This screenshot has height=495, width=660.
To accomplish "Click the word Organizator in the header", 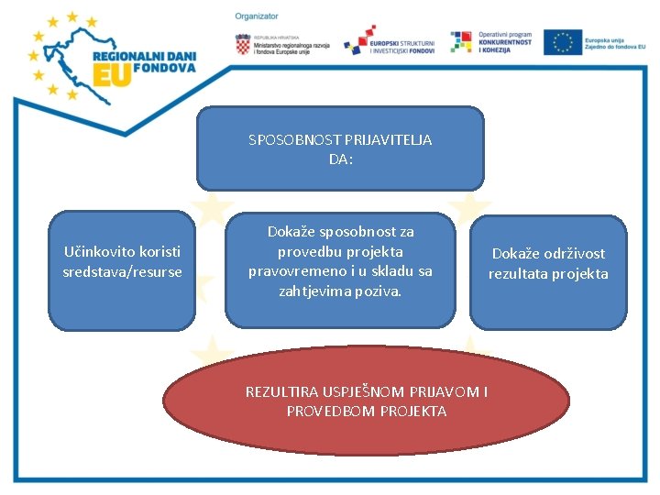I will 257,16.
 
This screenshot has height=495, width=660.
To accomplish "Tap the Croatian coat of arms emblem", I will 242,43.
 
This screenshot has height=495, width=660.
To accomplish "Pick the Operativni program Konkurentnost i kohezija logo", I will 490,42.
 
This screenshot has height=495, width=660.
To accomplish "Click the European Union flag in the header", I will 562,42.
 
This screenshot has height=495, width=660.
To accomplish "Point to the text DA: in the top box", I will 340,159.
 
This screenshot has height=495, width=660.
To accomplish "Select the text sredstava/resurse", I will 122,271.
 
